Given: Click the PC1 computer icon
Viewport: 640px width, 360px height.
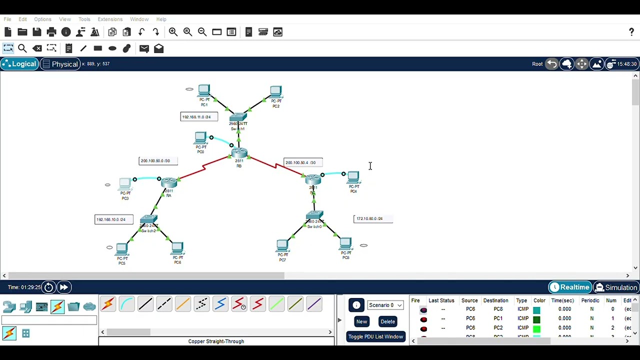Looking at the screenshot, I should (204, 91).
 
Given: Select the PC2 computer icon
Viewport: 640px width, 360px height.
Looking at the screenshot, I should (276, 92).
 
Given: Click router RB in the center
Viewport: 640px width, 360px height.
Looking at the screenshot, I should (239, 152).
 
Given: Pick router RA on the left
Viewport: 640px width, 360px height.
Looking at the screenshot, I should (169, 182).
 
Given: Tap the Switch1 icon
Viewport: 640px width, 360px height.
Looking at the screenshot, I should (238, 117).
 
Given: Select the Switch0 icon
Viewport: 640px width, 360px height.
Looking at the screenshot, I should (314, 216).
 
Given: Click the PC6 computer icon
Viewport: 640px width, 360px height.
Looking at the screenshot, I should (177, 248).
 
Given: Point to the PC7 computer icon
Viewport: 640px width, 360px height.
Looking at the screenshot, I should (282, 245).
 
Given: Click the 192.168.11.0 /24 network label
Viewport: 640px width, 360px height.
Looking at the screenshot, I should (199, 117).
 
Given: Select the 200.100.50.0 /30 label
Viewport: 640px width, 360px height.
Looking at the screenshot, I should (158, 161).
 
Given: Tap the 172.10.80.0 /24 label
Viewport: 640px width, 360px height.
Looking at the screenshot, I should (373, 218).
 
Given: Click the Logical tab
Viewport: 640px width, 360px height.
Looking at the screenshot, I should (20, 64).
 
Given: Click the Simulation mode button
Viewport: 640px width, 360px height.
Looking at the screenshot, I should (616, 287).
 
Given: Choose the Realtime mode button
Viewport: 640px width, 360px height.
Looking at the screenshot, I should (569, 287).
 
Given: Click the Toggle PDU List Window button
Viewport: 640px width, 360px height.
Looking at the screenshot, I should (375, 336).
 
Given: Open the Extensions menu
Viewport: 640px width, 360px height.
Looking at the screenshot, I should (110, 19).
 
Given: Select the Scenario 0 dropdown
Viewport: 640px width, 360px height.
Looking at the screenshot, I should (385, 305).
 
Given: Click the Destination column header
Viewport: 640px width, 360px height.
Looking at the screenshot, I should (495, 300).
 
